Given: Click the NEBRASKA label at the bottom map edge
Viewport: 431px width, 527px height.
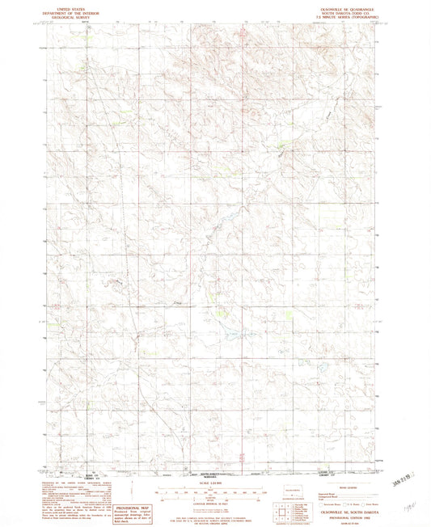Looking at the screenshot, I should (213, 475).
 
